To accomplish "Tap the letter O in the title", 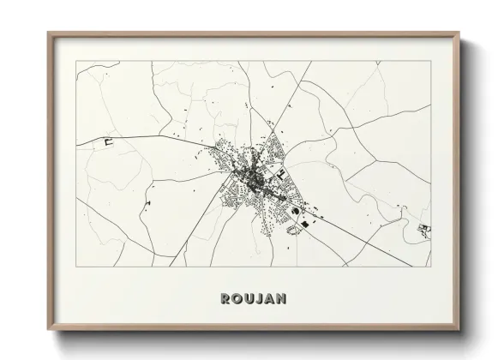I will (237, 299).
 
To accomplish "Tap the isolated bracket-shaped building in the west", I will (109, 142).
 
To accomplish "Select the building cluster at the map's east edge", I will (424, 229).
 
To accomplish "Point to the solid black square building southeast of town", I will (302, 225).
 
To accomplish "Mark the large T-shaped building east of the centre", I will (279, 174).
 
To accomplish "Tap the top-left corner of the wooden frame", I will (49, 34).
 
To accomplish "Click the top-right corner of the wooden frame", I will (459, 34).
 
